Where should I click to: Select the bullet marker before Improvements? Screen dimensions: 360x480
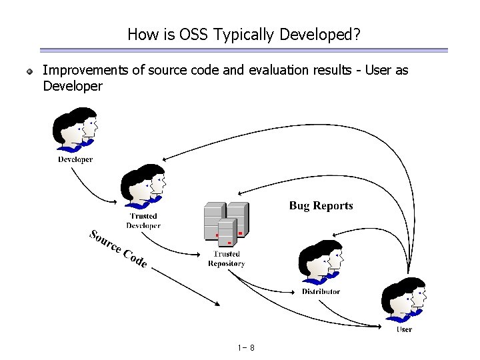tap(30, 71)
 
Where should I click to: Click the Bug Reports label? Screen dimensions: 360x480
tap(321, 206)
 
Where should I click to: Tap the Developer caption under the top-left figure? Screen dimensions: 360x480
tap(75, 160)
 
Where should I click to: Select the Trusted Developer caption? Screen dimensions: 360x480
tap(143, 221)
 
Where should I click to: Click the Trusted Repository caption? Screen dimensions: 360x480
tap(226, 259)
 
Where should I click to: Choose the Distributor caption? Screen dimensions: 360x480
tap(321, 291)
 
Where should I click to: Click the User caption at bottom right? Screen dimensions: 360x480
tap(404, 329)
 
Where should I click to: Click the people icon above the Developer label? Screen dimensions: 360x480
tap(75, 133)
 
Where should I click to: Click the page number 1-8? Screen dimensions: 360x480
tap(245, 348)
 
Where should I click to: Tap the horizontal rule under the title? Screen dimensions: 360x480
tap(243, 50)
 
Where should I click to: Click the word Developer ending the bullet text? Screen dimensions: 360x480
tap(72, 86)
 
